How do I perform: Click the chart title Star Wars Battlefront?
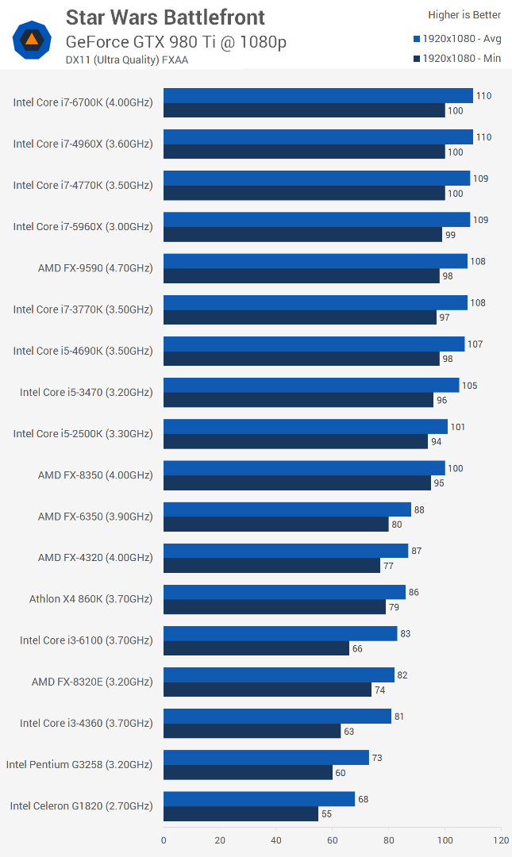click(165, 17)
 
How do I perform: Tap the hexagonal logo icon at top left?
click(33, 39)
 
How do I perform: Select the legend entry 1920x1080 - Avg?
click(461, 39)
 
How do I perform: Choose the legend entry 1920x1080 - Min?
click(461, 58)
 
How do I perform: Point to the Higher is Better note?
click(464, 15)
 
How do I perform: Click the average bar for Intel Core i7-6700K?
click(318, 96)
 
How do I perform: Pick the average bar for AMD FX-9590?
click(315, 261)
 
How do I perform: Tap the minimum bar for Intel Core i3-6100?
click(256, 648)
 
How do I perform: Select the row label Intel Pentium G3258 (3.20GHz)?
click(79, 764)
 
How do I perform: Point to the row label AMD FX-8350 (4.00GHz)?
click(95, 475)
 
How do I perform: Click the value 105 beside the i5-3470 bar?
click(470, 386)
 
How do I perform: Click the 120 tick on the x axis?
click(501, 840)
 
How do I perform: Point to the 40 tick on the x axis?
click(276, 840)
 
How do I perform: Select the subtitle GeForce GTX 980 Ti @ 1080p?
click(176, 41)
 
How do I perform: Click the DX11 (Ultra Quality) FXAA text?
click(127, 60)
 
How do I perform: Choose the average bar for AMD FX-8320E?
click(279, 674)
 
